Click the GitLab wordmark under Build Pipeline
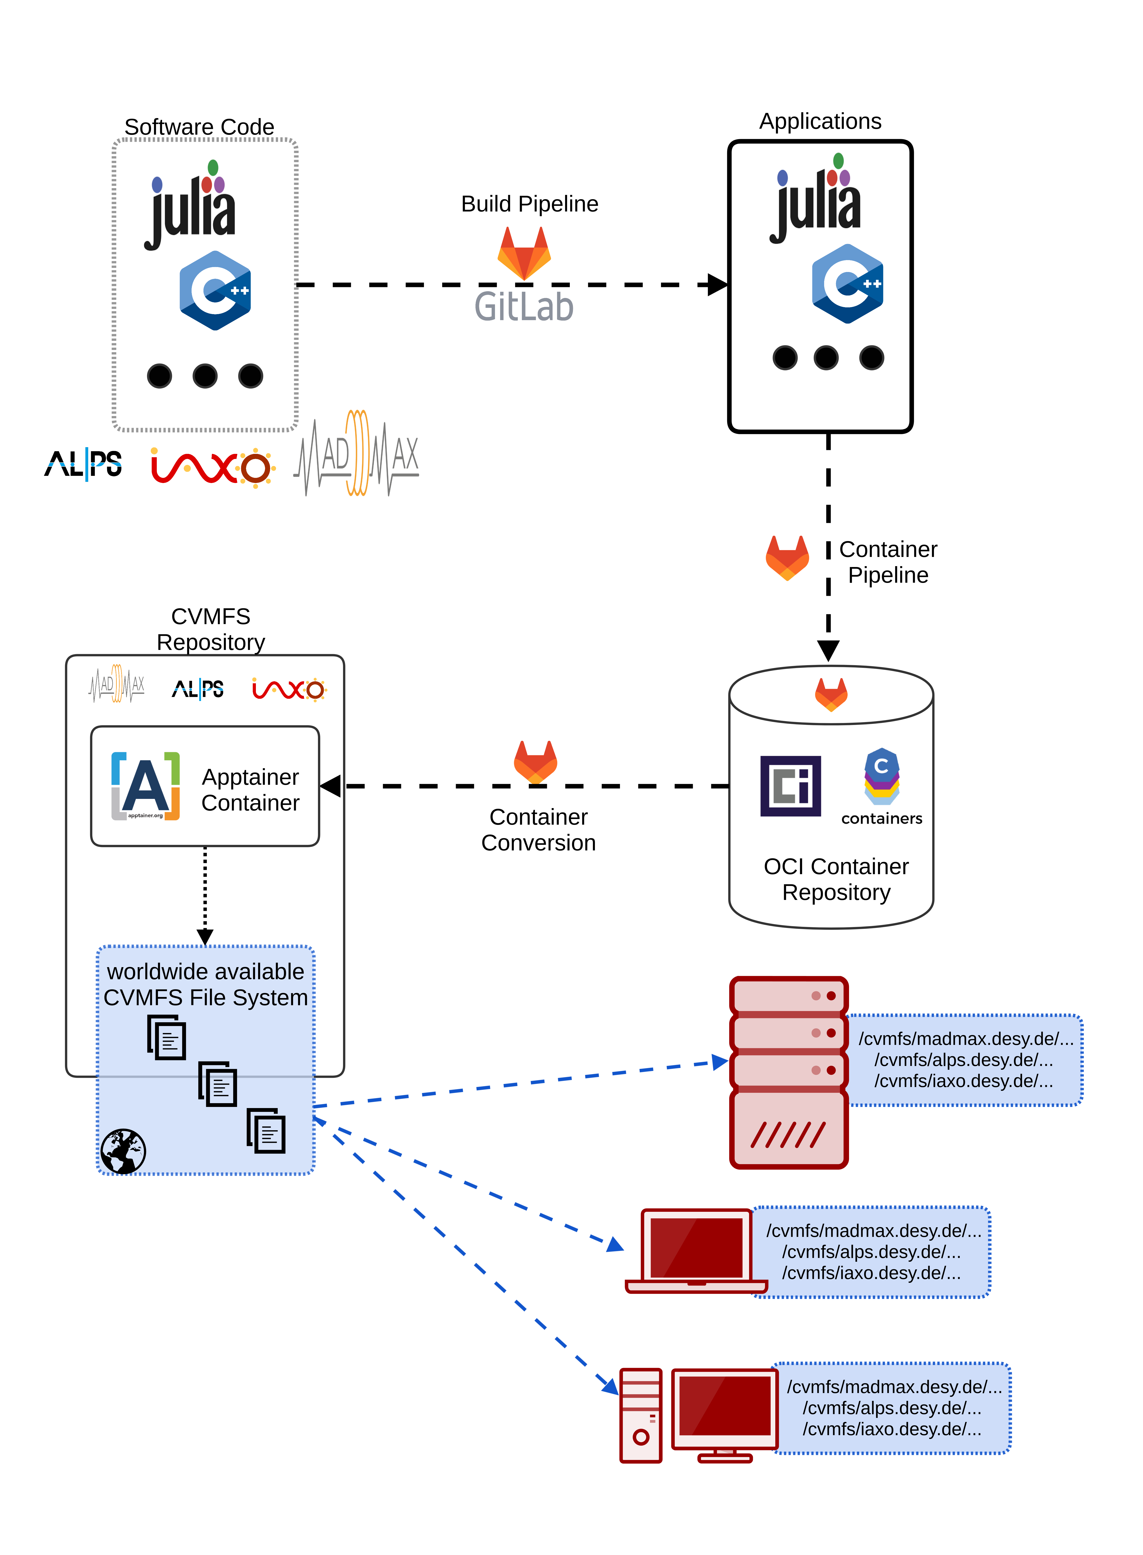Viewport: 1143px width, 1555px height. (x=524, y=306)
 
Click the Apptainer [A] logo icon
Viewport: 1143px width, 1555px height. (x=145, y=786)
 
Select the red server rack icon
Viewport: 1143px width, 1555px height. (x=789, y=1072)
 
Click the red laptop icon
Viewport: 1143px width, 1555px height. (x=696, y=1251)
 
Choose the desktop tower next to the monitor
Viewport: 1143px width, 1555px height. (x=641, y=1415)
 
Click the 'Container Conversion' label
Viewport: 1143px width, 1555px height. (x=538, y=829)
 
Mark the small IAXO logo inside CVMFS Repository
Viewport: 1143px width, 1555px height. (x=289, y=689)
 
